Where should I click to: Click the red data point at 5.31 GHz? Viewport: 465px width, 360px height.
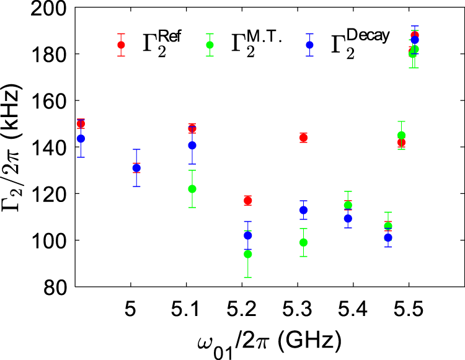[304, 138]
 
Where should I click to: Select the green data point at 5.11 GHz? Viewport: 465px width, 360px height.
[192, 188]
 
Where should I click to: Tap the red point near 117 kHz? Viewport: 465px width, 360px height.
[248, 200]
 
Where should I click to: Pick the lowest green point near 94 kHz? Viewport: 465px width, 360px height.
[248, 254]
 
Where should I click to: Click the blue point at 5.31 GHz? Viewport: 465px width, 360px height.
[304, 210]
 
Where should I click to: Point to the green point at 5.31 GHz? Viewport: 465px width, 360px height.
[304, 242]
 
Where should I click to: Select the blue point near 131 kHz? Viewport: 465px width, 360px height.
[136, 168]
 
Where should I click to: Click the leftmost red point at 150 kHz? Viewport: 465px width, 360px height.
[81, 124]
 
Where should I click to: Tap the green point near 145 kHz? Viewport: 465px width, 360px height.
[401, 136]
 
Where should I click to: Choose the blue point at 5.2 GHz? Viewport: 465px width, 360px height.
[248, 235]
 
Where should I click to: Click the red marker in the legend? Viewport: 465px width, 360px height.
[121, 45]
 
